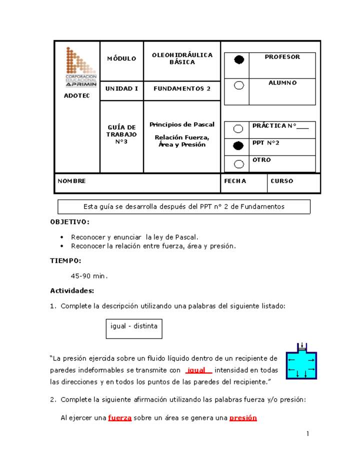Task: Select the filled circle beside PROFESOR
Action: (239, 60)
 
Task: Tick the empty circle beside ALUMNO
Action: (239, 85)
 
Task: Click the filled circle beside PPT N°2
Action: (239, 146)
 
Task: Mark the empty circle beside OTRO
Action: (239, 163)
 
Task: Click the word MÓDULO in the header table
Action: (121, 59)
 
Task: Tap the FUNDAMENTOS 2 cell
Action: (182, 88)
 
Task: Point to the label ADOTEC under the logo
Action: (77, 95)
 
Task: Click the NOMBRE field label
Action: (72, 181)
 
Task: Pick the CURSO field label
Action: (282, 181)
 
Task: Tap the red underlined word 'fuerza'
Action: (120, 418)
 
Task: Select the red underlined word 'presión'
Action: (243, 418)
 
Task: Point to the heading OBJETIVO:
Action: (70, 221)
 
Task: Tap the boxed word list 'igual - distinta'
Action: (134, 326)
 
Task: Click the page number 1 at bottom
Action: (308, 433)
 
